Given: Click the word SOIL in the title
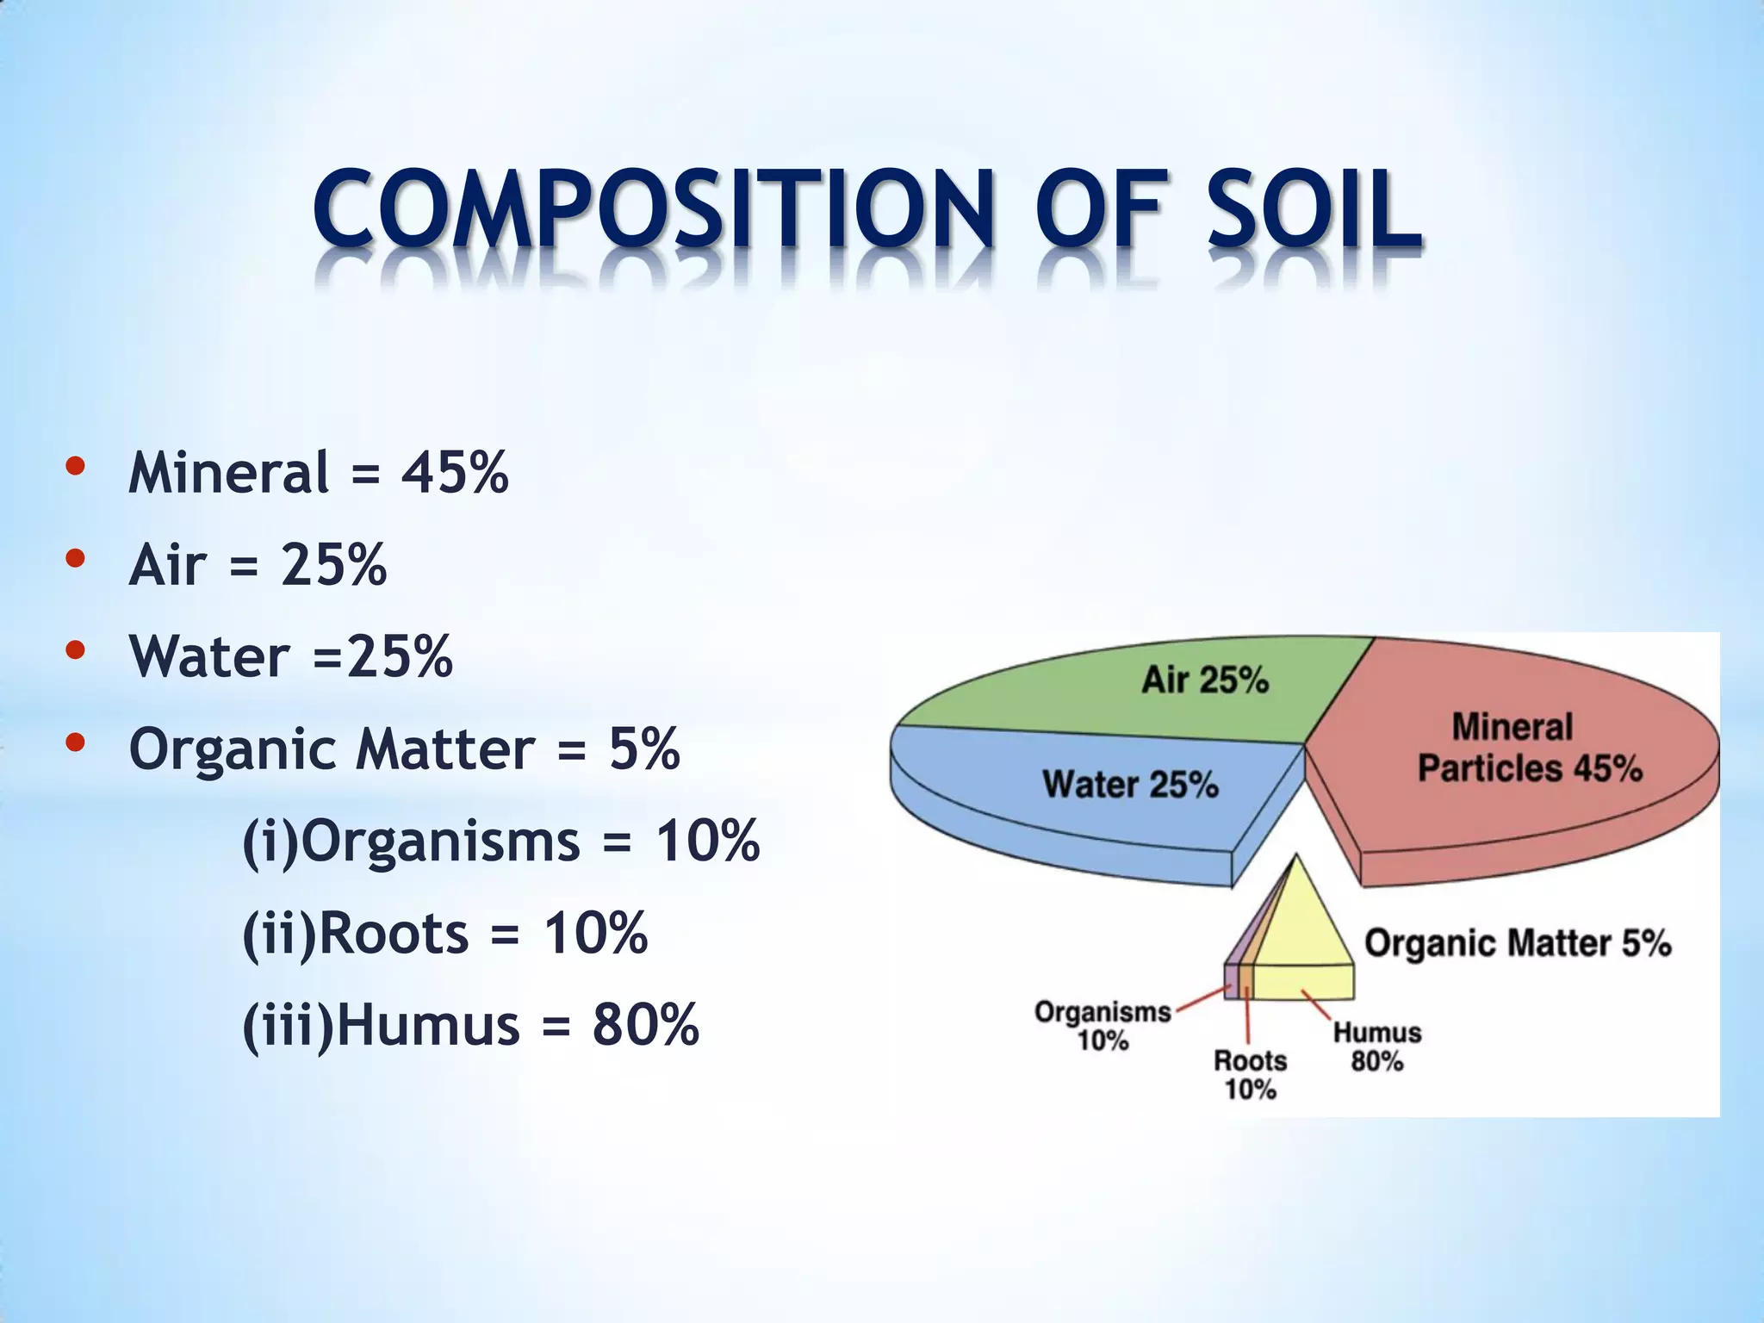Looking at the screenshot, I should point(1313,212).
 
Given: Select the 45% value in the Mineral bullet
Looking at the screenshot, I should point(455,473).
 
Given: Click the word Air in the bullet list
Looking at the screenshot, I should point(167,565).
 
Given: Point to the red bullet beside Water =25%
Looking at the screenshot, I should point(75,649).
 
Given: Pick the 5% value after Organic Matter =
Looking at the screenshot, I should point(644,748).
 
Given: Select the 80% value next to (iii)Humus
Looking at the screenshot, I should point(645,1025).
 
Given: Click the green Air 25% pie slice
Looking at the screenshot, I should point(1120,698).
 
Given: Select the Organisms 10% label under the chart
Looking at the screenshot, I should point(1102,1026).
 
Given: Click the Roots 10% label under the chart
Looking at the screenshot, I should point(1250,1075).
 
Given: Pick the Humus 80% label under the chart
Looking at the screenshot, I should point(1377,1047).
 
